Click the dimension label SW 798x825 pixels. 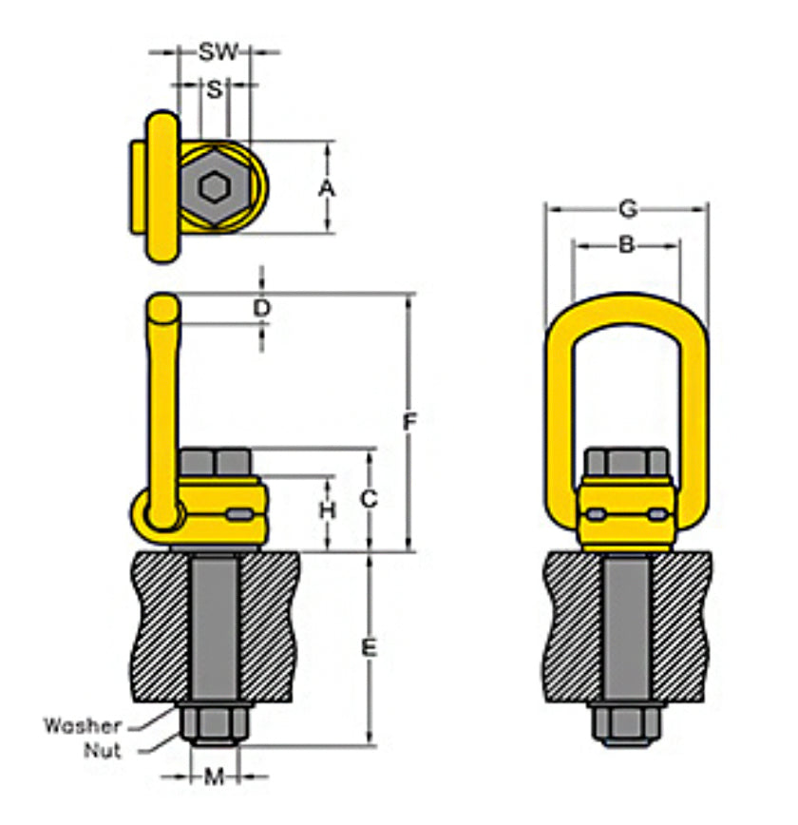(218, 51)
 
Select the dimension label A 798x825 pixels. (327, 188)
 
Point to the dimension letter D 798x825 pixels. (262, 308)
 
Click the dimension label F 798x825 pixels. (409, 422)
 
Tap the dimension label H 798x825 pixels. (328, 510)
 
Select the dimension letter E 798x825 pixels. (370, 648)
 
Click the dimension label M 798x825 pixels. (215, 777)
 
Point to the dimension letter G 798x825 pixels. (626, 207)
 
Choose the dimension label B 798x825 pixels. (626, 245)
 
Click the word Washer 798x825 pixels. (83, 726)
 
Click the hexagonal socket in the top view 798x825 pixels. (216, 187)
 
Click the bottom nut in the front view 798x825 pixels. (626, 727)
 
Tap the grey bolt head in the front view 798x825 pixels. (626, 464)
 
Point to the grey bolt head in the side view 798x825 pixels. (215, 464)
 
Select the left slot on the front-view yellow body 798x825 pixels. (597, 514)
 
